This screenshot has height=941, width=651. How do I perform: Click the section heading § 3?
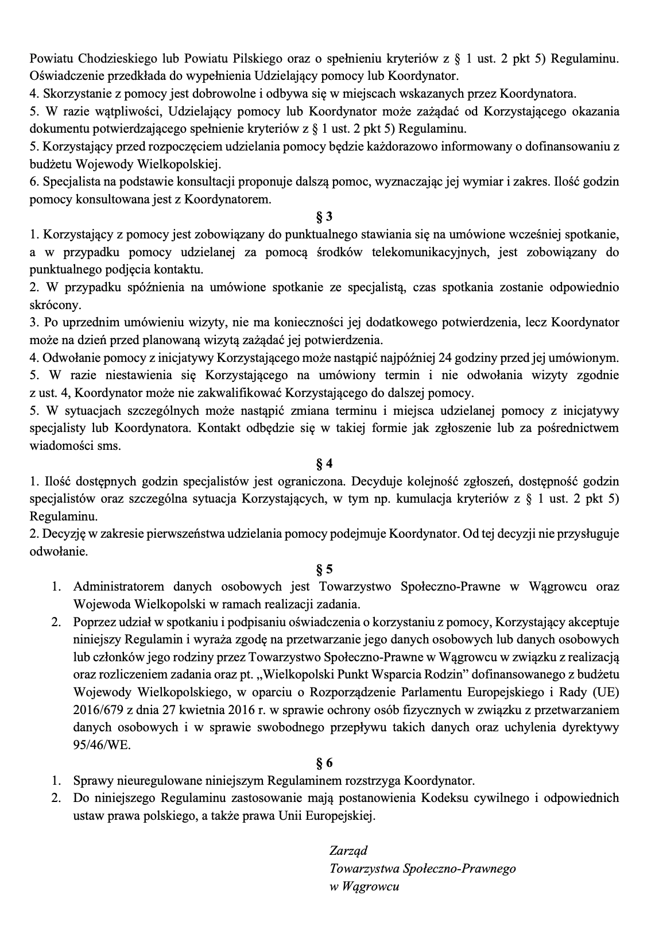coord(324,217)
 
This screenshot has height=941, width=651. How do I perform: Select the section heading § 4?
coord(324,464)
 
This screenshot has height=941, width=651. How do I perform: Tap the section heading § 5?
coord(324,569)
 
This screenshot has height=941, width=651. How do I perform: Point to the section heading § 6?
coord(324,763)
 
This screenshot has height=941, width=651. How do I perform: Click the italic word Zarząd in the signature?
coord(348,850)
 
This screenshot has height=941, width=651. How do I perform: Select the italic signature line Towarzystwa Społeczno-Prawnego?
coord(423,868)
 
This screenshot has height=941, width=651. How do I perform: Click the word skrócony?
coord(57,305)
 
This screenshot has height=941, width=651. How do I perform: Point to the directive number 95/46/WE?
coord(102,745)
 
